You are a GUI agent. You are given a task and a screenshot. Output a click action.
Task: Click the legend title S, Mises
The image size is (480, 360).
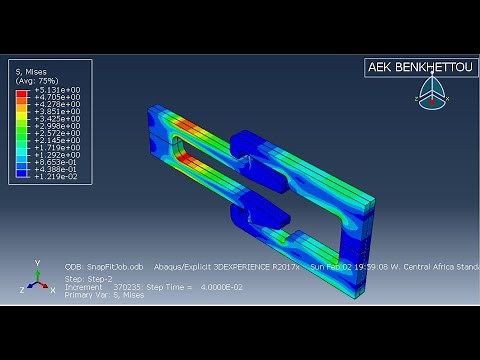pos(32,72)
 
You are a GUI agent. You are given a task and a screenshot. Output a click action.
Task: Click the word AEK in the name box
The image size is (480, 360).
pos(380,68)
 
